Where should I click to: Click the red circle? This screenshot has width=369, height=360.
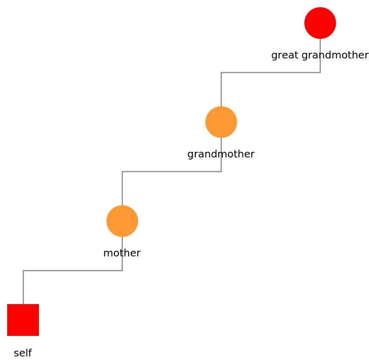point(320,23)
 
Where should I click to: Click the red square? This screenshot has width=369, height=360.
point(23,320)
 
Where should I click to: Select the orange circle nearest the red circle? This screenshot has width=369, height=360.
point(221,122)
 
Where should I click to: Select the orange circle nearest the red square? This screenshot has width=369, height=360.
point(122,221)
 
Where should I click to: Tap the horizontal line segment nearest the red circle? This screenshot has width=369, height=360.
point(271,72)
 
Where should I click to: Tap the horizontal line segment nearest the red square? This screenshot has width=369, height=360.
point(73,270)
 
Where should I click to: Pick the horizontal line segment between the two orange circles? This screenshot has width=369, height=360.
point(172,171)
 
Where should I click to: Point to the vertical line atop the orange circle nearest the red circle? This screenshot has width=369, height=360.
point(221,89)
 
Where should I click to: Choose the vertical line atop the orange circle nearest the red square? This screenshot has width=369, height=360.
point(122,188)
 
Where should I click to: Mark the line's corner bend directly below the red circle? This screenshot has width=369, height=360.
point(320,72)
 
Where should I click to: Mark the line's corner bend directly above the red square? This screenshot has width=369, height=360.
point(23,270)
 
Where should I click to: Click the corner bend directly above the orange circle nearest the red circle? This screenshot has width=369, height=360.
point(221,72)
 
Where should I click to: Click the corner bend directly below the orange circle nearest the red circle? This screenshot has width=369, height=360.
point(221,171)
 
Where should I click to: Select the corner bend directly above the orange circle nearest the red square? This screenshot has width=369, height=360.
point(122,171)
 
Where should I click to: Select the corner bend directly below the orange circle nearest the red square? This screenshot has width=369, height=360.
point(122,270)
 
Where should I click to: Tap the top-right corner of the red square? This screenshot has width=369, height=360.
point(38,305)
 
